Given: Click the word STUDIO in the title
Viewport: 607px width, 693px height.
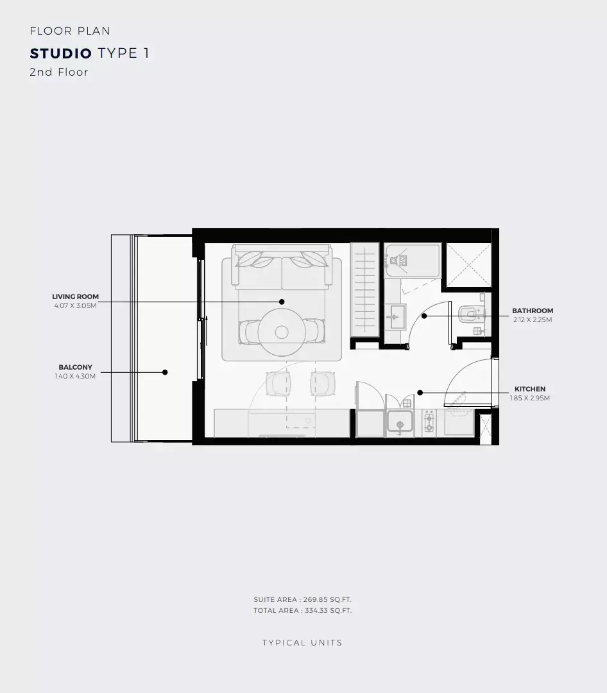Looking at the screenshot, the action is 60,53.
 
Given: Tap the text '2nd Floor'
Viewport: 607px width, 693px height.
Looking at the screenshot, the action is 59,72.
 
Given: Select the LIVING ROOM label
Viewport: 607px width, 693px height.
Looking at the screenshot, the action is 75,296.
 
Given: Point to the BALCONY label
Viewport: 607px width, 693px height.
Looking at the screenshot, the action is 75,367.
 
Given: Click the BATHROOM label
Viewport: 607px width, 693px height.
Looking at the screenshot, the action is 533,311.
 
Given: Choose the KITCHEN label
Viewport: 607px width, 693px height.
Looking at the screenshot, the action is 529,389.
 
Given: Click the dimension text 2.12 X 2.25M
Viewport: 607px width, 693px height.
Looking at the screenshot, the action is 533,320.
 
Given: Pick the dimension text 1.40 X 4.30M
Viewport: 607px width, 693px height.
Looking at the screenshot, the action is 75,377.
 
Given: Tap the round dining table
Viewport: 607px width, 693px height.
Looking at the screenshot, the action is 282,332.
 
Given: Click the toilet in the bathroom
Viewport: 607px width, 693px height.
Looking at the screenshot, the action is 470,314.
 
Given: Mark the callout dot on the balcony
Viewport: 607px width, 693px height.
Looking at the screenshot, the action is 165,372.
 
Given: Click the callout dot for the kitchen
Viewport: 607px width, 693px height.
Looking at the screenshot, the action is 420,393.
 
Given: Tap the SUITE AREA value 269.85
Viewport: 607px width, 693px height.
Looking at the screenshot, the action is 315,600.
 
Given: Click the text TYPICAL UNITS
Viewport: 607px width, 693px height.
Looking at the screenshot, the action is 302,643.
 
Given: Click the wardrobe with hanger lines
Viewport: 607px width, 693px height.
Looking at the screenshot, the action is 365,290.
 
